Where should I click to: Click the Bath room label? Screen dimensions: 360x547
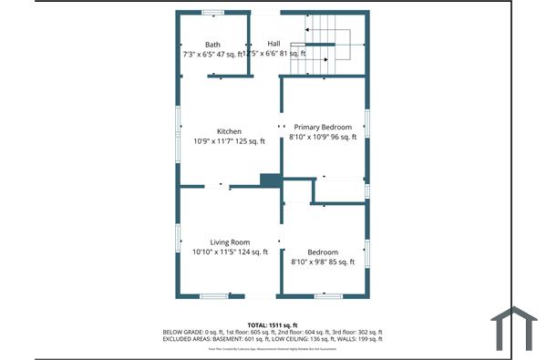click(x=212, y=45)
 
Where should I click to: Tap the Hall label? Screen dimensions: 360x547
click(x=273, y=44)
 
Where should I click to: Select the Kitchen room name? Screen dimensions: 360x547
click(x=229, y=131)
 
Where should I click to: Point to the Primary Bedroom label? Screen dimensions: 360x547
click(x=324, y=127)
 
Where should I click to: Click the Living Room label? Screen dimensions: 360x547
click(x=230, y=242)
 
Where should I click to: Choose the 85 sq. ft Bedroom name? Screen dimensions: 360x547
click(x=323, y=252)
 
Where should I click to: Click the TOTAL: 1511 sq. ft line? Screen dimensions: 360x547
click(x=273, y=324)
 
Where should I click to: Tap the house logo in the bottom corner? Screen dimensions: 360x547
click(x=515, y=329)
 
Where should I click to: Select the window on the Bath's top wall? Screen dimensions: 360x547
click(x=212, y=12)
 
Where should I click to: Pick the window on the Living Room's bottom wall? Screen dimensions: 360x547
click(x=213, y=295)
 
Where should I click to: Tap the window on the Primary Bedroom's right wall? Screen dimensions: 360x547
click(x=367, y=122)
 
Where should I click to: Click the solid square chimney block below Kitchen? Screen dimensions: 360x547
click(x=270, y=180)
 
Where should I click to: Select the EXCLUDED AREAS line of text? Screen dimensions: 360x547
click(x=273, y=339)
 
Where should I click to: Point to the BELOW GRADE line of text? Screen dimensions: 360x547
click(x=273, y=332)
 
